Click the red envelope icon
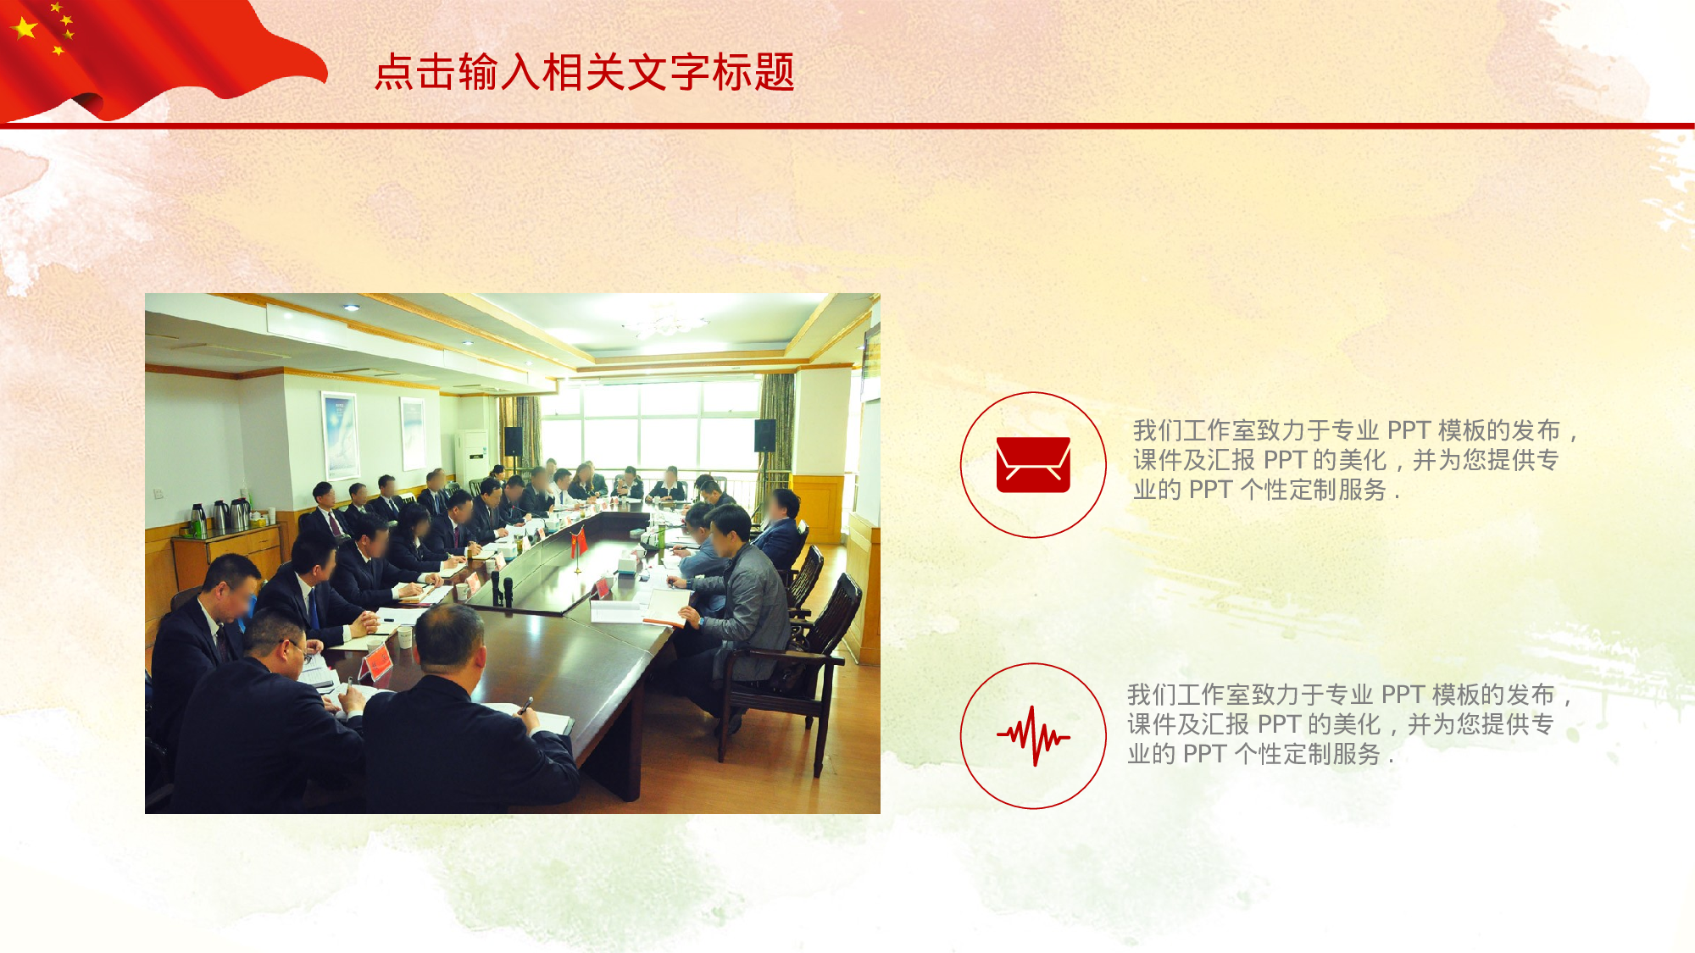(1033, 465)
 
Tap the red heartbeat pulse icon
(1033, 736)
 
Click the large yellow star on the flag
(25, 28)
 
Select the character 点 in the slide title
(395, 72)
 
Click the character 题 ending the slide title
(775, 72)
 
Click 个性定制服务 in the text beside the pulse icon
(1308, 754)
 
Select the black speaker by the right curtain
(764, 435)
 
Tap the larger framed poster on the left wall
(340, 435)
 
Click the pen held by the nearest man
(526, 704)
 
